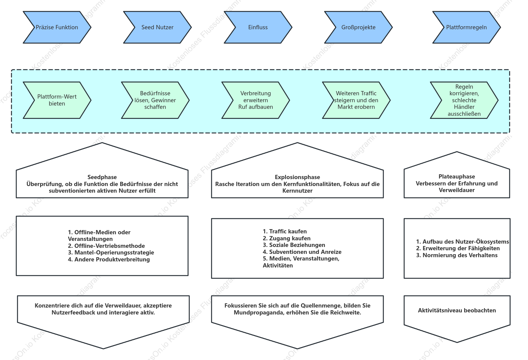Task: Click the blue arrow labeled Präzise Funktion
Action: point(57,27)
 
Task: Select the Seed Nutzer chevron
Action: point(157,27)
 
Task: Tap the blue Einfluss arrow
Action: point(258,27)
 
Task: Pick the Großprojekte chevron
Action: point(358,27)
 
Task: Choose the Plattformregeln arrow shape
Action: point(467,27)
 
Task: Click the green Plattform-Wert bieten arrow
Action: point(57,100)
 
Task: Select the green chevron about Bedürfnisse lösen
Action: point(155,100)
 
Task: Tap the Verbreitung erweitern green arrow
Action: point(256,100)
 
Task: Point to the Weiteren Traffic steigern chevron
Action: point(356,100)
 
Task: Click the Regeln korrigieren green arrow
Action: point(464,100)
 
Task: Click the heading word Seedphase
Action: point(102,177)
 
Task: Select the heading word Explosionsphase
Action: point(297,177)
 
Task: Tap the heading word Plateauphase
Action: point(457,177)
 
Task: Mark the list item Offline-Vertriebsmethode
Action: point(106,246)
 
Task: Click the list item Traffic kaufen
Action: point(285,232)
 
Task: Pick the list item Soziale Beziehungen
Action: point(294,245)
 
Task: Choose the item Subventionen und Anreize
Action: point(302,252)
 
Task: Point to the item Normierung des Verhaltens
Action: point(457,255)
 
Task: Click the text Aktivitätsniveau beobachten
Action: point(457,311)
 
